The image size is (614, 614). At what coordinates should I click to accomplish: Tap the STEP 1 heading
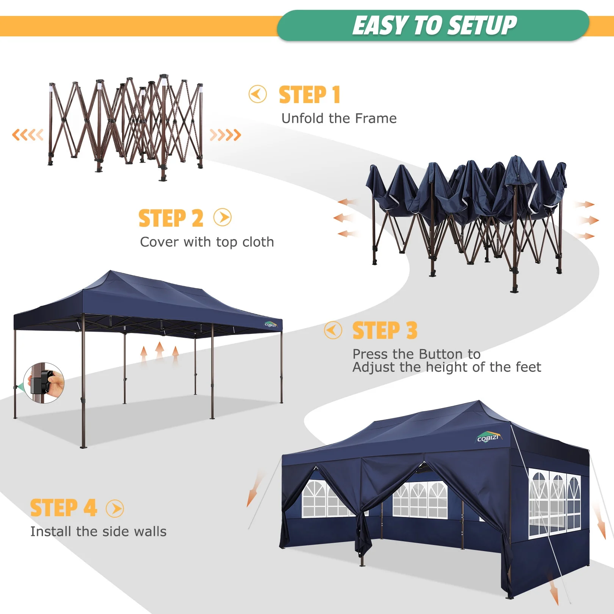pos(309,95)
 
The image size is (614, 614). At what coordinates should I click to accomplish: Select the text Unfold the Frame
pos(339,118)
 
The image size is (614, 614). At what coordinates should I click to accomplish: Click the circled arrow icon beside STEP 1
pos(258,94)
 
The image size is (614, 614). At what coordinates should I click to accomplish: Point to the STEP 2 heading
pos(171,218)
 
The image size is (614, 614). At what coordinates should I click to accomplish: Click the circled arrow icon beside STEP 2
pos(222,218)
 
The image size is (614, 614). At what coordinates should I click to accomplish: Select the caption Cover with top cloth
pos(207,242)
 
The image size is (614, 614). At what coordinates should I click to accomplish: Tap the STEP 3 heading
pos(384,330)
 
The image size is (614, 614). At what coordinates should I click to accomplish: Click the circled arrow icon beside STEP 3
pos(333,330)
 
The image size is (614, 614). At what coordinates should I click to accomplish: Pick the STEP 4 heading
pos(63,508)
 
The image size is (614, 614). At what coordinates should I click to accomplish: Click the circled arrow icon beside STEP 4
pos(115,509)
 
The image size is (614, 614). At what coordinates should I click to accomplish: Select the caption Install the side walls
pos(98,531)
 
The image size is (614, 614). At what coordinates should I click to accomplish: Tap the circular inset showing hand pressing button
pos(44,383)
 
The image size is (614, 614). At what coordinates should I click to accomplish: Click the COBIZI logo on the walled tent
pos(488,438)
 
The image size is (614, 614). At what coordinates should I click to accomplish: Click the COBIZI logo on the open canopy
pos(271,324)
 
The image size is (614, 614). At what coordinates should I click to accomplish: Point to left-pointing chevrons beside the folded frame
pos(28,135)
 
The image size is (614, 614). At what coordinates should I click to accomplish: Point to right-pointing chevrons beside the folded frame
pos(225,135)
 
